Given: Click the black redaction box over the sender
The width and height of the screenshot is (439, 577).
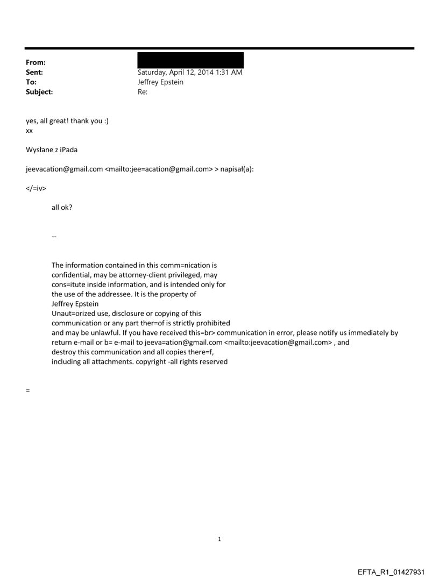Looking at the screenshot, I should point(190,60).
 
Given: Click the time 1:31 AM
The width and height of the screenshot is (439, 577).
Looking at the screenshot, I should point(228,73).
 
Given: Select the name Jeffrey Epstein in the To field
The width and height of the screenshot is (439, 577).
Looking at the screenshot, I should point(162,82).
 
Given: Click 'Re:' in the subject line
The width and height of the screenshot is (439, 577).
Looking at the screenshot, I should point(143,92).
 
